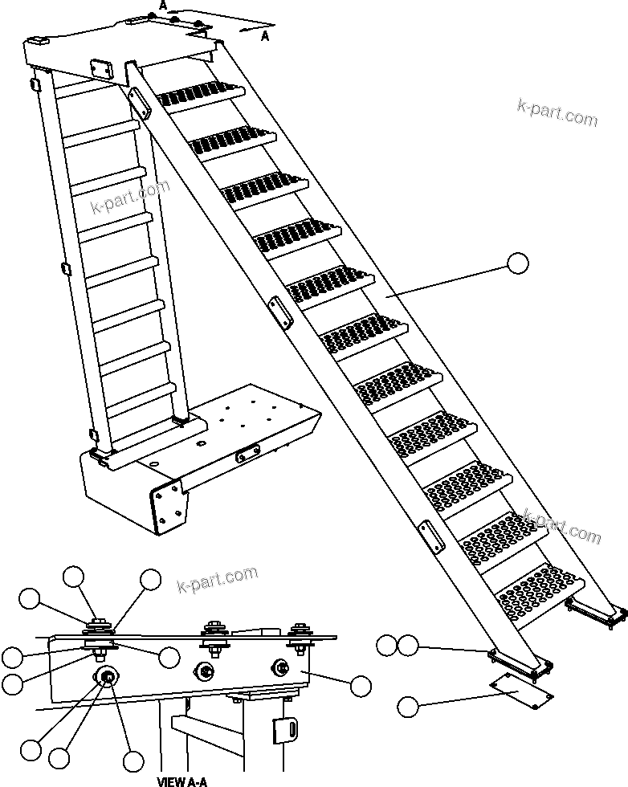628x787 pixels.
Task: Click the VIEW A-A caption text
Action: click(182, 781)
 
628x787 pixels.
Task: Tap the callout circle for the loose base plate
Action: click(408, 707)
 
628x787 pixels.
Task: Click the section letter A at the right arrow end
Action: click(266, 35)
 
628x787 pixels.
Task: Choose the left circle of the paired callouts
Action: click(387, 644)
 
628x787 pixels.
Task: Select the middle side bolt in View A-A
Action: click(206, 671)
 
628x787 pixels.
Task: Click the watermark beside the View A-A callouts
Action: click(217, 577)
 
